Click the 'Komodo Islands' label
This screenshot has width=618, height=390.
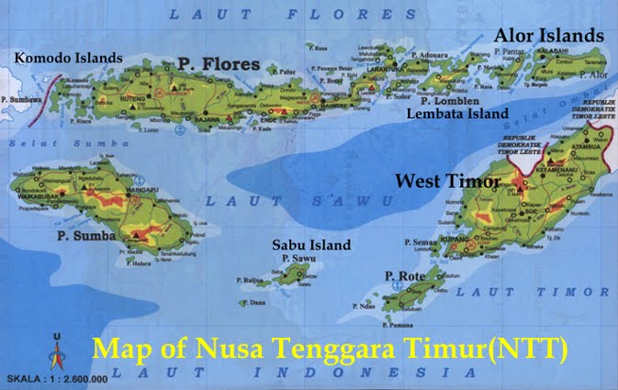tap(68, 58)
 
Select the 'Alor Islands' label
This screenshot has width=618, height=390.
tap(549, 35)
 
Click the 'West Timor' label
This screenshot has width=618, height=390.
tap(447, 182)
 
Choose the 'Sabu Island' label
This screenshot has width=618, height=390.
tap(310, 245)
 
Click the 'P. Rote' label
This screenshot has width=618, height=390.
tap(401, 276)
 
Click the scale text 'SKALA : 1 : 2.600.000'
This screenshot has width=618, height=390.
tap(57, 378)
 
